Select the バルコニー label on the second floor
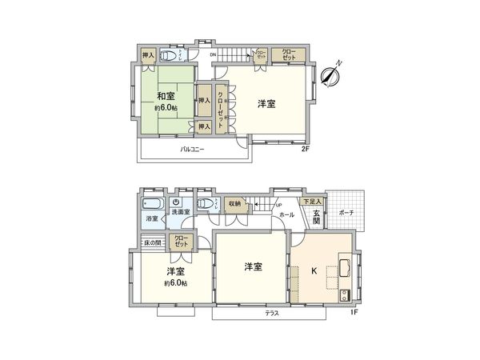tap(191, 150)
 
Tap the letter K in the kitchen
tap(314, 270)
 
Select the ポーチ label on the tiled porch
tap(346, 213)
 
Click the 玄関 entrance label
tap(316, 216)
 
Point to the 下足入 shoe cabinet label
tap(312, 201)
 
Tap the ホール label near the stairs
tap(286, 214)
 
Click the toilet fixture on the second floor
tap(170, 56)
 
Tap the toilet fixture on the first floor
tap(206, 202)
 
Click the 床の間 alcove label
tap(152, 242)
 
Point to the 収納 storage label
tap(234, 203)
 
